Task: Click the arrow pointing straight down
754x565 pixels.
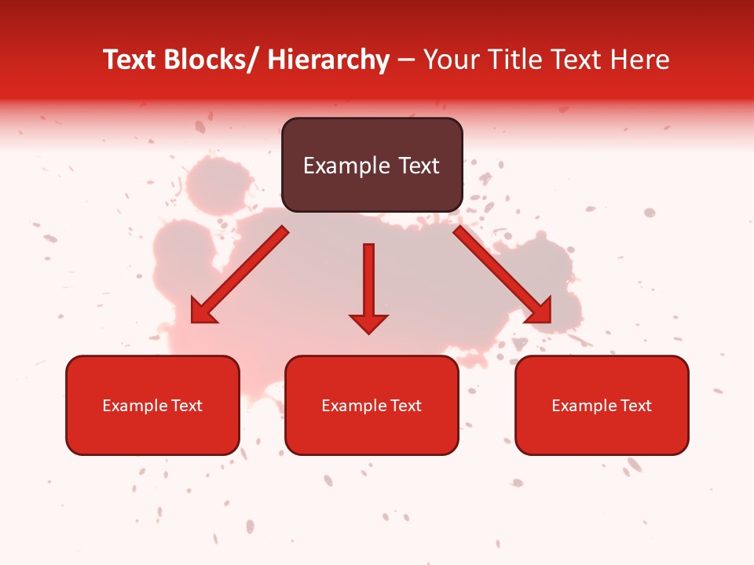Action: click(x=368, y=282)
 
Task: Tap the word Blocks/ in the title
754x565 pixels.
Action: click(x=210, y=60)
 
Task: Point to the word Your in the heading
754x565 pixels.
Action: click(x=451, y=60)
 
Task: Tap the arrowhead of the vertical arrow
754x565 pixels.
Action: click(x=368, y=323)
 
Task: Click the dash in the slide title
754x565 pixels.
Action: click(x=406, y=60)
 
